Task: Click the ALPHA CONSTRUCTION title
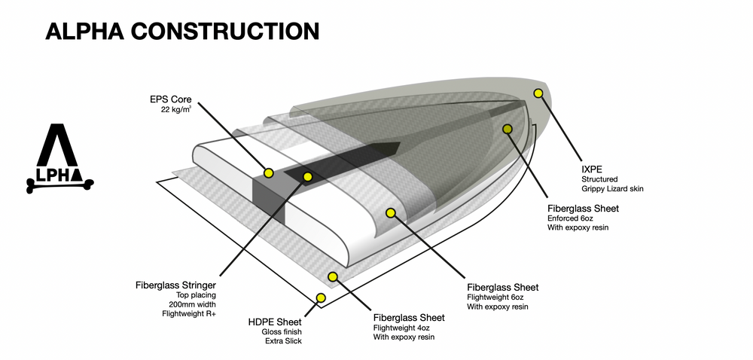(181, 31)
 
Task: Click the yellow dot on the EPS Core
(268, 173)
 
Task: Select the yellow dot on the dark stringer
(306, 177)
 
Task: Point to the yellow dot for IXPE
(538, 93)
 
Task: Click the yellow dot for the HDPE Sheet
(321, 298)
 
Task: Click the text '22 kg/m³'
(176, 110)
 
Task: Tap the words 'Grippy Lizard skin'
(612, 188)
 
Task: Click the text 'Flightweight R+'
(189, 314)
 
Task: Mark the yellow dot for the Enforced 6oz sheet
(508, 130)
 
